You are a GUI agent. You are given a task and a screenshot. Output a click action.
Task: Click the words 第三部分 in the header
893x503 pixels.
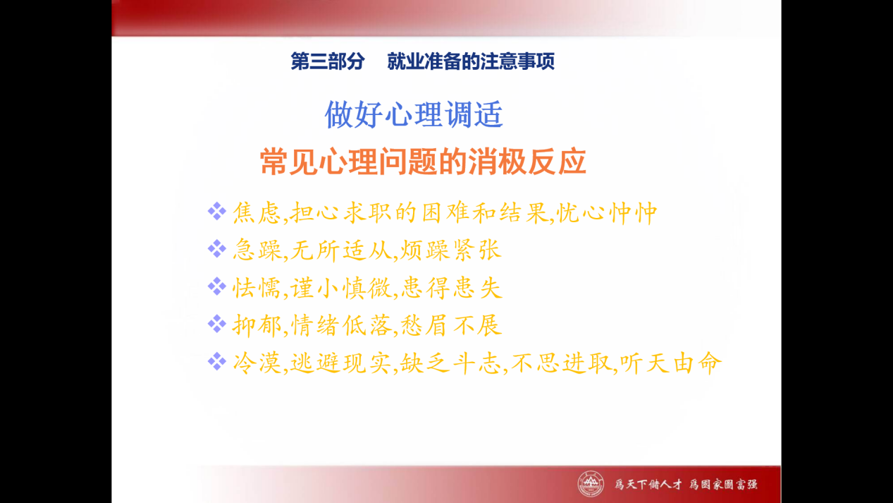327,61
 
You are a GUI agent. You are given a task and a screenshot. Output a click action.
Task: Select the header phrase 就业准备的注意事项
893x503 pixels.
471,61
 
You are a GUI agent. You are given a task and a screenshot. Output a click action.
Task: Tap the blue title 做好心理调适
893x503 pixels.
414,114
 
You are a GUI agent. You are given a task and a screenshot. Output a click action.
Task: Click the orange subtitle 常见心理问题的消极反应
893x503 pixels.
423,161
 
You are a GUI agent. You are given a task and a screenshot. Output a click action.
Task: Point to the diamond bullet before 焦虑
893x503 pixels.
217,211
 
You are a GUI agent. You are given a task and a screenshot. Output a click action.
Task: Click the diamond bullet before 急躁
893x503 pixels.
217,249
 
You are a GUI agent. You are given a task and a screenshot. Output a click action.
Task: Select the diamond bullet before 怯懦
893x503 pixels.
217,286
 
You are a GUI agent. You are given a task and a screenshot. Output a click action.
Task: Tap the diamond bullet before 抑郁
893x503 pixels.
217,324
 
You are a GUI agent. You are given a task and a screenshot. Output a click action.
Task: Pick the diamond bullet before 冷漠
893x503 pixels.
217,361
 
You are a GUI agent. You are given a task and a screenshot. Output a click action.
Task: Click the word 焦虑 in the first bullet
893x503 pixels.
257,212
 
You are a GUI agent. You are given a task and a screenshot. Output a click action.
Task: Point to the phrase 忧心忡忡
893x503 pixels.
606,212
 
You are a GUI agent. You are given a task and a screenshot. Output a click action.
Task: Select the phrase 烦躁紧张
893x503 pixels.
450,250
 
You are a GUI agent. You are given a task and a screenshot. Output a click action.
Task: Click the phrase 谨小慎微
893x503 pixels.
341,288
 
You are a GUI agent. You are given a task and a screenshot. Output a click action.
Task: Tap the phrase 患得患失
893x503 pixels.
451,288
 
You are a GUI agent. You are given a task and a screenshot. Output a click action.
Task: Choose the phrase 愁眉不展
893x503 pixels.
450,325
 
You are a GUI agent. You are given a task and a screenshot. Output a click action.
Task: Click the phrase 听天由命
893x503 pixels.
670,363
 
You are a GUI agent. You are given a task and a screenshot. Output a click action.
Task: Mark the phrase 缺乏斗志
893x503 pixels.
450,363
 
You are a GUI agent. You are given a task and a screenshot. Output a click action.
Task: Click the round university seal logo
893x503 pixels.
591,484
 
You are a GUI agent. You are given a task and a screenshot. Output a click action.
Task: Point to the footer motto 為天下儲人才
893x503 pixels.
648,484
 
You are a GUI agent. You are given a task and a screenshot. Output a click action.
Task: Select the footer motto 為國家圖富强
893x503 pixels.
724,484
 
